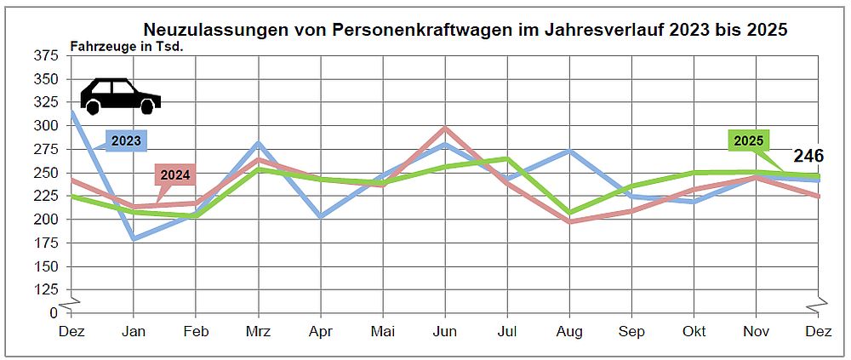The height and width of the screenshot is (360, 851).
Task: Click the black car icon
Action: point(120,96)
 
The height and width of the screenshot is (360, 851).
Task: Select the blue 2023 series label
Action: point(126,140)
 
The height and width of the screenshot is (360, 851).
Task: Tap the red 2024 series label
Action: point(175,175)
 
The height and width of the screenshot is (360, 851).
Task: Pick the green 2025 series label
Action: point(748,140)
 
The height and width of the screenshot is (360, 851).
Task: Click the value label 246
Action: point(808,156)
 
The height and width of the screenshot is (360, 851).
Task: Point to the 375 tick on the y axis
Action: point(48,56)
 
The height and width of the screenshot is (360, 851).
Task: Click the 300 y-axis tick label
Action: point(48,126)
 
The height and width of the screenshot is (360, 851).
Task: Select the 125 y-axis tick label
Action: point(48,289)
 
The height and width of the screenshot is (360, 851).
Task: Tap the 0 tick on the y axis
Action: point(54,312)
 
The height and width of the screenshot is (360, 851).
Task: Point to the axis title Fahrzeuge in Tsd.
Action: point(127,46)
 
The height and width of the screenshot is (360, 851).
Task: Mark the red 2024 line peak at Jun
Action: point(444,129)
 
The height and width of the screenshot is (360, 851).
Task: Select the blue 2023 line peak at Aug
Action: point(569,151)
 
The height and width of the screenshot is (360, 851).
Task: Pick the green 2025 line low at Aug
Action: point(569,213)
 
